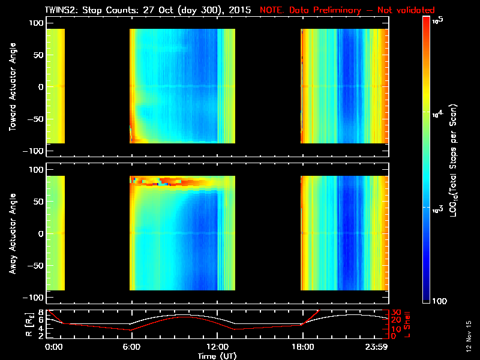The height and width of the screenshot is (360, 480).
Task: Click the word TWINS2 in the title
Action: click(62, 10)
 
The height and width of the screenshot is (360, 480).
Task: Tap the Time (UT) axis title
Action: click(218, 356)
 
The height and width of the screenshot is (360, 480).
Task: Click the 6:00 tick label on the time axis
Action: click(131, 347)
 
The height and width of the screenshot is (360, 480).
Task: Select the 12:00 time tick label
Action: click(216, 347)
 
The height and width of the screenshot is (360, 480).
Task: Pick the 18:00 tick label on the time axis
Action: click(301, 347)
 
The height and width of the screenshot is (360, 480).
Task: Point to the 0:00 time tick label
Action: click(53, 347)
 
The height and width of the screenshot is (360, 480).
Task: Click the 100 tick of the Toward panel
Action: click(37, 22)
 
